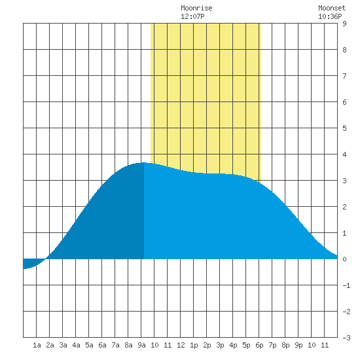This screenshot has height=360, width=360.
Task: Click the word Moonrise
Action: [x=196, y=8]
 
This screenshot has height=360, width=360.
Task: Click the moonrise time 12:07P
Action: [x=192, y=16]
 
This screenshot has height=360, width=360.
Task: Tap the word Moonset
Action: [x=332, y=8]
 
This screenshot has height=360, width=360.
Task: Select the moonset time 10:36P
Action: [x=330, y=16]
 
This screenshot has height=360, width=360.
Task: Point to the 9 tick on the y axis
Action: [x=344, y=24]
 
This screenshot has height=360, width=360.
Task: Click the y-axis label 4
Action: [x=344, y=154]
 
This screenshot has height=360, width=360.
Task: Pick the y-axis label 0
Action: [x=344, y=259]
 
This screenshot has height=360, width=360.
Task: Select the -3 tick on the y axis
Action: [x=346, y=338]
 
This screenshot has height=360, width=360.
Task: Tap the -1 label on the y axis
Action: [x=346, y=285]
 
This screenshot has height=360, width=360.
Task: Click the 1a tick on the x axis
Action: [x=37, y=345]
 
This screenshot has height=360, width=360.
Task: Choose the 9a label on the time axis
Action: [x=141, y=345]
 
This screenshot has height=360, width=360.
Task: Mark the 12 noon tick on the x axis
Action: [x=181, y=345]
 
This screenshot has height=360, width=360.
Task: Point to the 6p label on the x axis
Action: [x=259, y=345]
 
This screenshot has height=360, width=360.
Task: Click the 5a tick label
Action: [x=89, y=345]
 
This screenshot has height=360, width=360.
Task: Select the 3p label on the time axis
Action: [x=220, y=345]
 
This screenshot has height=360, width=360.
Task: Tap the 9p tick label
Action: [x=298, y=345]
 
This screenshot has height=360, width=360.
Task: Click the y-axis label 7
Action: [x=344, y=76]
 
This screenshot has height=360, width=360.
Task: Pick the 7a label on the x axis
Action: [x=115, y=345]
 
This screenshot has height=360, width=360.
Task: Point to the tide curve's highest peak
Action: [x=144, y=163]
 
